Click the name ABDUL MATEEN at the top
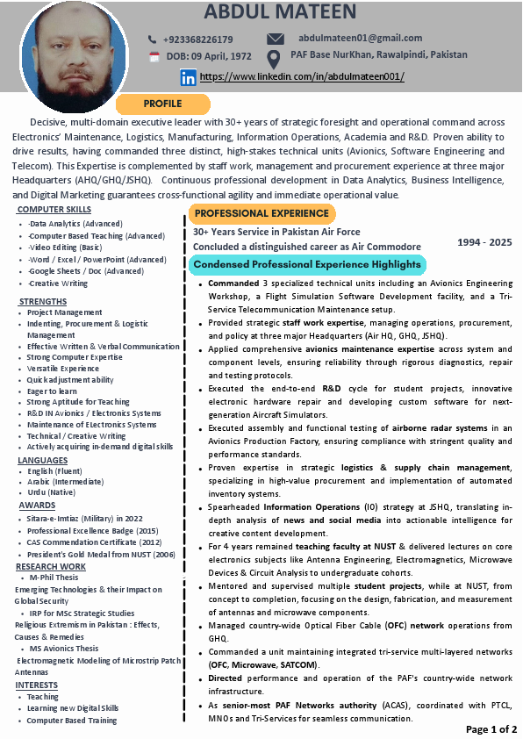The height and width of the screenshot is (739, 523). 280,12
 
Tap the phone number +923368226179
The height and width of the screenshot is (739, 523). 197,39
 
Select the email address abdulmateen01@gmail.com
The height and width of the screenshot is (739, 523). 360,38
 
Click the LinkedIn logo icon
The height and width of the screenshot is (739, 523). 188,77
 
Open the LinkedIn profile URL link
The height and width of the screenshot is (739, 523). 302,77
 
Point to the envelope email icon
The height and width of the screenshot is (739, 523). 276,39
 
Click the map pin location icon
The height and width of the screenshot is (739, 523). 274,58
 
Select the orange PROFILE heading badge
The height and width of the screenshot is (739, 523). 162,104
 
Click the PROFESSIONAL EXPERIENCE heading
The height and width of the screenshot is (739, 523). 261,213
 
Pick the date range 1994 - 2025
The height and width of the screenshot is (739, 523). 485,241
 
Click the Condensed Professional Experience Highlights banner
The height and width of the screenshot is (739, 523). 307,264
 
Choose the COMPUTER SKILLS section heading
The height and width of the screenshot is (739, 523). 54,210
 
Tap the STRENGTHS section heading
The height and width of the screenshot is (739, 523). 42,301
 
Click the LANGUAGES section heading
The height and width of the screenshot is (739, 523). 42,460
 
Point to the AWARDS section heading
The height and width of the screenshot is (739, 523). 37,506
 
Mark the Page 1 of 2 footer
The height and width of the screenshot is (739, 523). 491,729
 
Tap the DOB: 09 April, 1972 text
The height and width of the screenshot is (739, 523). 209,56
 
